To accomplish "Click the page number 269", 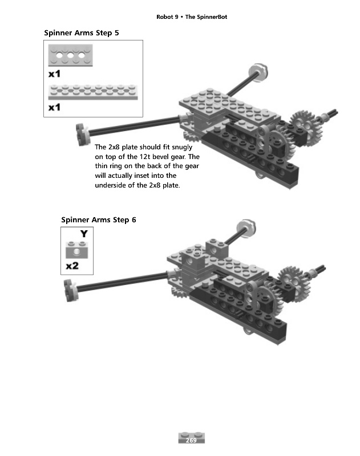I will coord(191,438).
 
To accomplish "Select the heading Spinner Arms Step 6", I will coord(98,219).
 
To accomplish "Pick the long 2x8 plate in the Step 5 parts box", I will coord(93,92).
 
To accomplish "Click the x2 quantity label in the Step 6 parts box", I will coord(72,266).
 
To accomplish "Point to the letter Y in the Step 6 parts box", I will coord(84,234).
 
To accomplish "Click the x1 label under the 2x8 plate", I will coord(55,107).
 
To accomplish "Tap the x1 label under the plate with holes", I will coord(55,74).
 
